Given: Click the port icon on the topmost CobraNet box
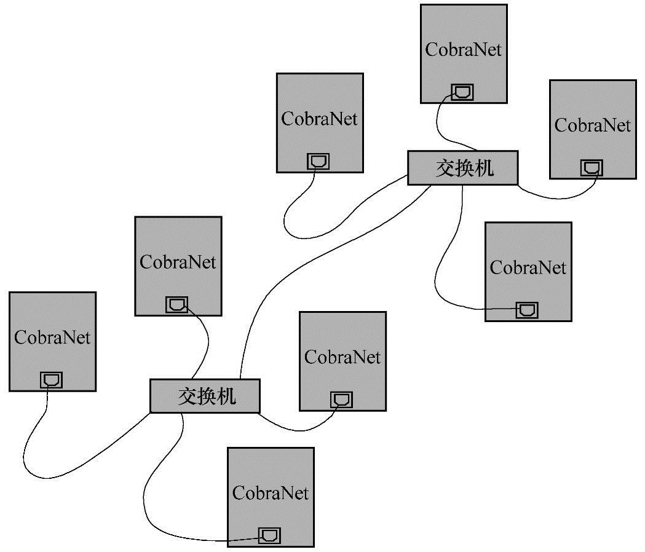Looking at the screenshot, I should [462, 92].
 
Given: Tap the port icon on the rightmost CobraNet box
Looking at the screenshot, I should [592, 168].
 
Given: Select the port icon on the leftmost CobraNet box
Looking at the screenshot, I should [51, 380].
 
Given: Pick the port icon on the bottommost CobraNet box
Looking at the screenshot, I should [269, 535].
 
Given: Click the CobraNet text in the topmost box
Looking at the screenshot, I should [464, 50].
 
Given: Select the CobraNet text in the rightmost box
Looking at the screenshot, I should [593, 125].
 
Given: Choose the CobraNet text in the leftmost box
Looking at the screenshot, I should [52, 337].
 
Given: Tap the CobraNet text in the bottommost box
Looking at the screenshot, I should [271, 492].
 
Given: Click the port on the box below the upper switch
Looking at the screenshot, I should [527, 310].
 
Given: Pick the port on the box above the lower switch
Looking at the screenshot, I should [177, 305].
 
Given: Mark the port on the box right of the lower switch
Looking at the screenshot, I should [341, 400].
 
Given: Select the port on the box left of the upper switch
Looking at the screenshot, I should [319, 162].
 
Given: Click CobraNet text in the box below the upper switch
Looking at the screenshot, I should [528, 267].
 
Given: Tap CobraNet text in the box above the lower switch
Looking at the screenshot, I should [178, 262].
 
